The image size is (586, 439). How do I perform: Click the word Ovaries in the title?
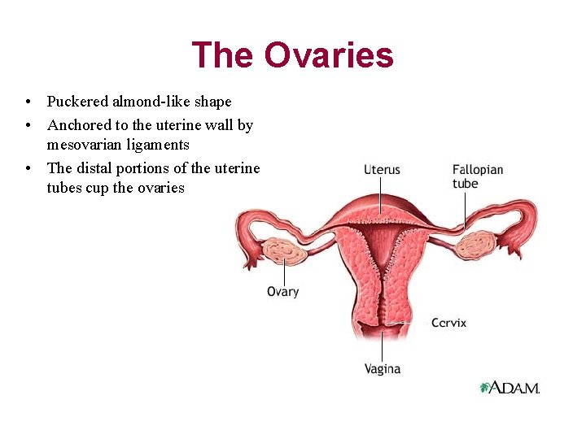point(329,55)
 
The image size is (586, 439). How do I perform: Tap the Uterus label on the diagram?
point(382,170)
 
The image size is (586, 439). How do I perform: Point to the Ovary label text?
point(282,292)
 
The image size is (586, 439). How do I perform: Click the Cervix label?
point(448,323)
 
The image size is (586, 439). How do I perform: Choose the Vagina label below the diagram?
point(382,369)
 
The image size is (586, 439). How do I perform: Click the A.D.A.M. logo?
point(509,388)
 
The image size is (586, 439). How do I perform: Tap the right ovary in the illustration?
point(475,244)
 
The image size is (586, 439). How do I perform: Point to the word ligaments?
point(162,145)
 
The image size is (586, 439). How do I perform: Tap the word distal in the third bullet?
point(95,168)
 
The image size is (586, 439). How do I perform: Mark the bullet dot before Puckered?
point(28,102)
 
